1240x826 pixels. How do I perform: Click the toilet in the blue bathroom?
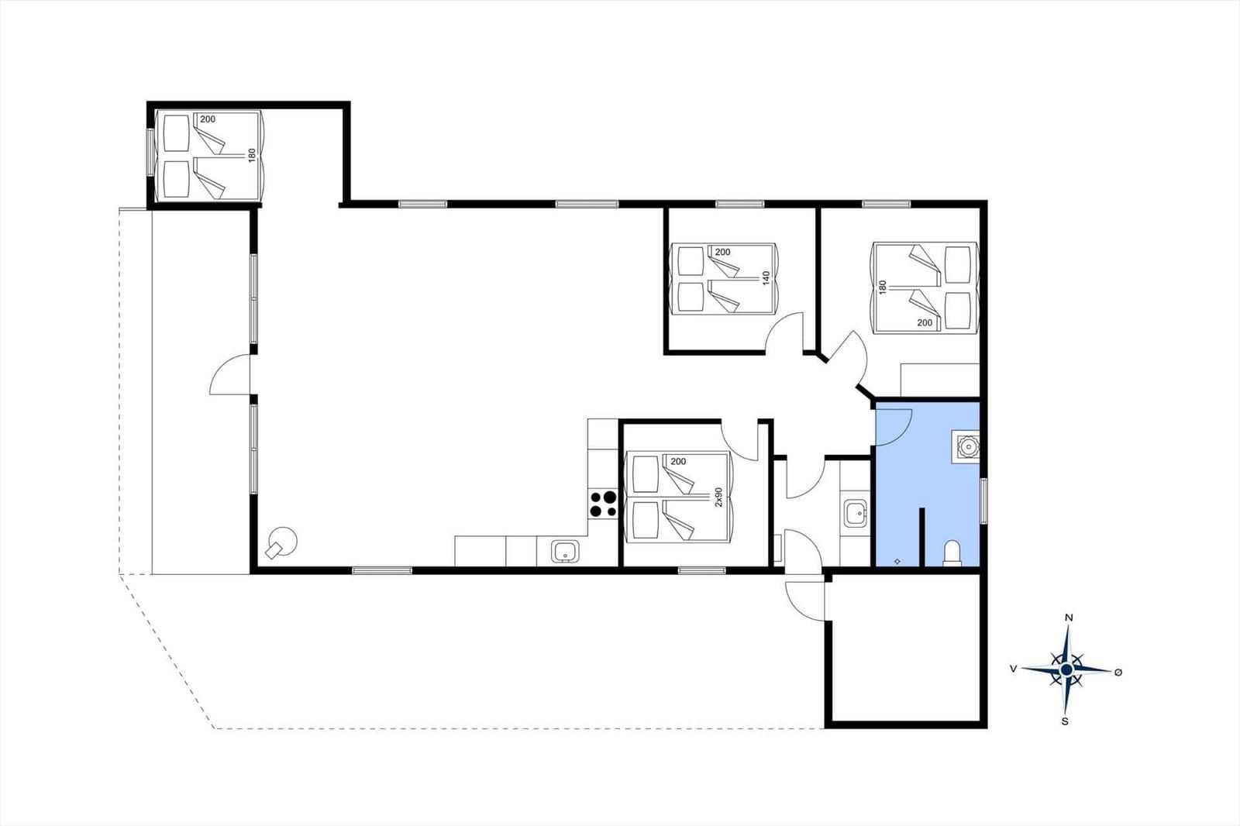pyautogui.click(x=952, y=553)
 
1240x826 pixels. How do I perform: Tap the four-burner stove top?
pyautogui.click(x=603, y=504)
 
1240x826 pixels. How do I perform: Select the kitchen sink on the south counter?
pyautogui.click(x=565, y=552)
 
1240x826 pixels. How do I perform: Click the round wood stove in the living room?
pyautogui.click(x=282, y=542)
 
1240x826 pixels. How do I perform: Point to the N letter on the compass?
pyautogui.click(x=1069, y=618)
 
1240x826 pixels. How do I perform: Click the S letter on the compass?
pyautogui.click(x=1065, y=721)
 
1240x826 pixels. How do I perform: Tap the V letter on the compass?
pyautogui.click(x=1013, y=669)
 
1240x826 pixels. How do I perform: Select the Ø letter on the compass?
pyautogui.click(x=1118, y=672)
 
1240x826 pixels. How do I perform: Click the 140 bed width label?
pyautogui.click(x=766, y=277)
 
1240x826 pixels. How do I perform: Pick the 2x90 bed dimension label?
pyautogui.click(x=718, y=497)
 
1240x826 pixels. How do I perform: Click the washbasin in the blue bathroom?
pyautogui.click(x=966, y=446)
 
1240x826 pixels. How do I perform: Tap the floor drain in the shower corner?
pyautogui.click(x=897, y=561)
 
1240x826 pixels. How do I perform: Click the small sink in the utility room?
pyautogui.click(x=856, y=513)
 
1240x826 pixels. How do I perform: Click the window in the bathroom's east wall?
pyautogui.click(x=983, y=501)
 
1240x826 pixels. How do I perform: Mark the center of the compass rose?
pyautogui.click(x=1066, y=670)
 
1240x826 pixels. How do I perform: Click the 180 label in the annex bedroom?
pyautogui.click(x=253, y=155)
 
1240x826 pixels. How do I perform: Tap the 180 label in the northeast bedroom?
pyautogui.click(x=883, y=287)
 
